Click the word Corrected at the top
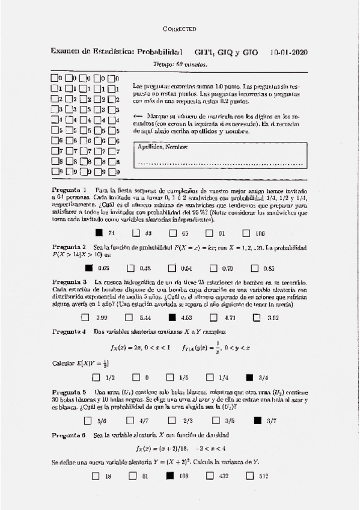coord(180,29)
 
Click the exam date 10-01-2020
coord(289,52)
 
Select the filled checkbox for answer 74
coord(99,233)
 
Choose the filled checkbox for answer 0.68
coord(89,268)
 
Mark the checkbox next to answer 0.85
coord(253,268)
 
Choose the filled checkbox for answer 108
coord(169,476)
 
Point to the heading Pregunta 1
coord(69,190)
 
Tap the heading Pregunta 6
coord(69,435)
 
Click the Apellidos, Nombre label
coord(159,147)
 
